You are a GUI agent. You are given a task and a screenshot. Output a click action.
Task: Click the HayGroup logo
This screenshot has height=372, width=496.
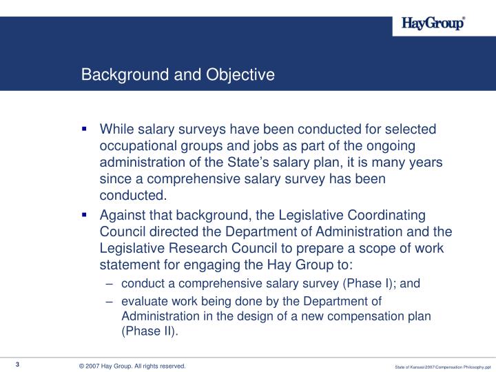433,24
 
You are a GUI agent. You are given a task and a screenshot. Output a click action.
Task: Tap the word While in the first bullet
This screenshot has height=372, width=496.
117,130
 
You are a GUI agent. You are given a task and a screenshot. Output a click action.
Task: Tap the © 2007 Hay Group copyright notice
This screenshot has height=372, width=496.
132,366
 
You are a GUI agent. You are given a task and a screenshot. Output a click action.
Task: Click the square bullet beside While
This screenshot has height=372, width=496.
84,129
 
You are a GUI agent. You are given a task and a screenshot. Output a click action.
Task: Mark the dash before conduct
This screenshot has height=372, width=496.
111,283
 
